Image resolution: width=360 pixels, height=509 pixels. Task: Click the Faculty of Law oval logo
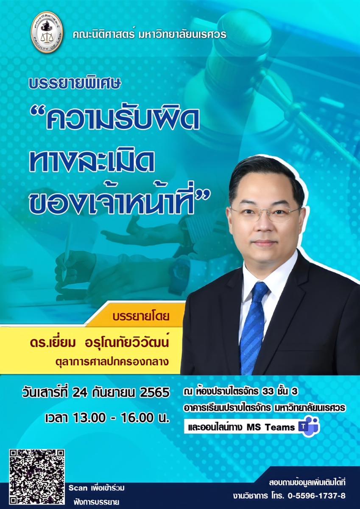(x=47, y=32)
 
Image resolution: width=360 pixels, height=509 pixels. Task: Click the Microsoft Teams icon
(x=310, y=427)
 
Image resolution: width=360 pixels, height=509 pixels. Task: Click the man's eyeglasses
(x=265, y=213)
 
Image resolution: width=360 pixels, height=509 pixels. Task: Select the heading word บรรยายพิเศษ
(x=75, y=84)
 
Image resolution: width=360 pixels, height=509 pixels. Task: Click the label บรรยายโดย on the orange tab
(x=141, y=317)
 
